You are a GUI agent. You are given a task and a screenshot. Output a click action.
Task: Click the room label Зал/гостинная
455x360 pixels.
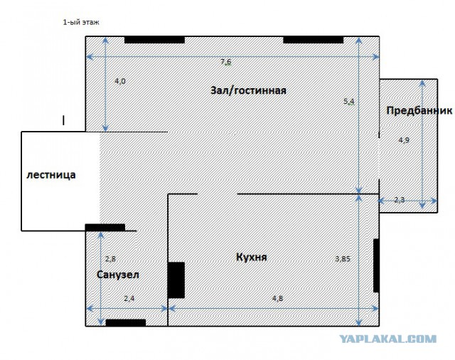(x=248, y=90)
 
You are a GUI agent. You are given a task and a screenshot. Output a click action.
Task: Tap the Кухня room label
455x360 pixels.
(x=252, y=258)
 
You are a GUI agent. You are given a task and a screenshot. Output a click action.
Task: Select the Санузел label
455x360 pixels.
(x=118, y=275)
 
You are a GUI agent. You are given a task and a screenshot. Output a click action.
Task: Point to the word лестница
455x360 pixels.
(x=51, y=175)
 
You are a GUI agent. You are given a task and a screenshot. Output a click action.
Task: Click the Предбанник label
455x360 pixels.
(x=419, y=110)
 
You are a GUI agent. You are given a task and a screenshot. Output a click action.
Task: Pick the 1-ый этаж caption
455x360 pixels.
(x=81, y=22)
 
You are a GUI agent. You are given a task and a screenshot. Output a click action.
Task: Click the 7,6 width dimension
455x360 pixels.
(x=226, y=62)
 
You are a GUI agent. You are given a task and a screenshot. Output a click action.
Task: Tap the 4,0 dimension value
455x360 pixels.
(x=120, y=81)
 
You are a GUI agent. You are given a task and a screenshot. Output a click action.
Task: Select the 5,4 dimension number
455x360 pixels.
(x=349, y=102)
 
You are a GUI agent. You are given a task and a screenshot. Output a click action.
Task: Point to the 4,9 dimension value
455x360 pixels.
(x=404, y=140)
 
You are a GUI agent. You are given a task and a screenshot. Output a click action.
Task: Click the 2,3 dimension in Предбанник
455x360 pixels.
(x=400, y=200)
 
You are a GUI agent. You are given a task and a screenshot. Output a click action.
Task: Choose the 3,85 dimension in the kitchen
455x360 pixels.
(x=343, y=259)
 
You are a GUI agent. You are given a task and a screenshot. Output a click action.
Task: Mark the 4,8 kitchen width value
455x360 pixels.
(x=278, y=298)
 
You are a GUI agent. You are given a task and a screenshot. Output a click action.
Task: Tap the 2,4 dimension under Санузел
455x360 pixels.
(x=129, y=298)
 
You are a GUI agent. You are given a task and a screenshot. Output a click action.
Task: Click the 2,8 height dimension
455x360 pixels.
(x=111, y=259)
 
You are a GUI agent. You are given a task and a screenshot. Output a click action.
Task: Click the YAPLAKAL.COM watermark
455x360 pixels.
(x=387, y=339)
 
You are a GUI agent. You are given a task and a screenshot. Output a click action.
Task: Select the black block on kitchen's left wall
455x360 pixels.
(x=176, y=280)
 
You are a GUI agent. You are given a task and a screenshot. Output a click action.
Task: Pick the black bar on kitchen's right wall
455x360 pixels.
(x=376, y=265)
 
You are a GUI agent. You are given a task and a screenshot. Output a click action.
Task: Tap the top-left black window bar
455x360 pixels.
(x=155, y=40)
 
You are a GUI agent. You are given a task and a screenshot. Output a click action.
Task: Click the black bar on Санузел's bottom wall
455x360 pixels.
(x=126, y=322)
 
